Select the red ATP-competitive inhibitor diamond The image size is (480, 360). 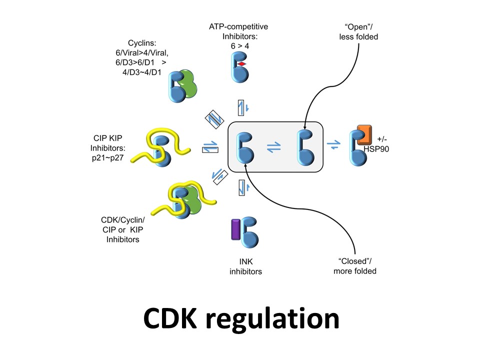point(242,65)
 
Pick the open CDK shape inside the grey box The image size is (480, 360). point(305,147)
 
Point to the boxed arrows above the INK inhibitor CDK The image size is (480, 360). point(242,187)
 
